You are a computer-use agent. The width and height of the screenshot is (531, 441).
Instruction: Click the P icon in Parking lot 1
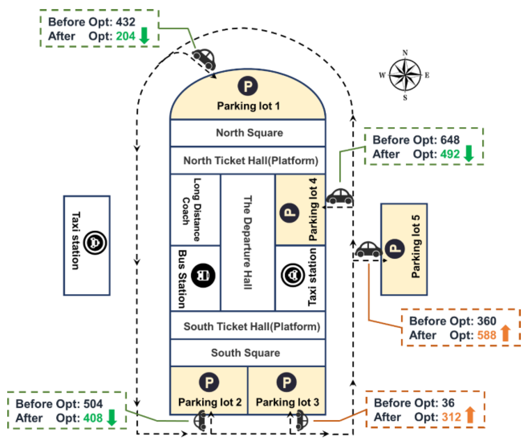248,86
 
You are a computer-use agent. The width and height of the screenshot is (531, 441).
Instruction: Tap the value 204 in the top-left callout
126,36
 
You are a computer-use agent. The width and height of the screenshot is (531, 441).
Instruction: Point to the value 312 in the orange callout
451,417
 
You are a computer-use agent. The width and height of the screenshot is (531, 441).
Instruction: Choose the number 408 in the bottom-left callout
93,418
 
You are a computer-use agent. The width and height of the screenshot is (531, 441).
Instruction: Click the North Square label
249,133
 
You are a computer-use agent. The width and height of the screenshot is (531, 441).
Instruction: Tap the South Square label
245,353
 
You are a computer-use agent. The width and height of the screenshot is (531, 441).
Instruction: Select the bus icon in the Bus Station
203,275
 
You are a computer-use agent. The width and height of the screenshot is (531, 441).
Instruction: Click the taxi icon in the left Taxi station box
95,243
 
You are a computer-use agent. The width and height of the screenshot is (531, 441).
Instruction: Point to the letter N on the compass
405,53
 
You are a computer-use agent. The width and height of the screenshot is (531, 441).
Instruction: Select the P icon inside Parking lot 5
395,249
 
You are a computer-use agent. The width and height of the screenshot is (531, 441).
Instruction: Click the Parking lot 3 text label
287,402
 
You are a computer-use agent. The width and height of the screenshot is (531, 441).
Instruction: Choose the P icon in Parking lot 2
209,382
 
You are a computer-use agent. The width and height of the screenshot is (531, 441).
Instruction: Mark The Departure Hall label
248,243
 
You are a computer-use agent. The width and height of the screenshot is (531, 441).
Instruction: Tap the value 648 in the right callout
450,140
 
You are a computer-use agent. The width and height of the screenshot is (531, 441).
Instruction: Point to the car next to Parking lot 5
368,249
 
